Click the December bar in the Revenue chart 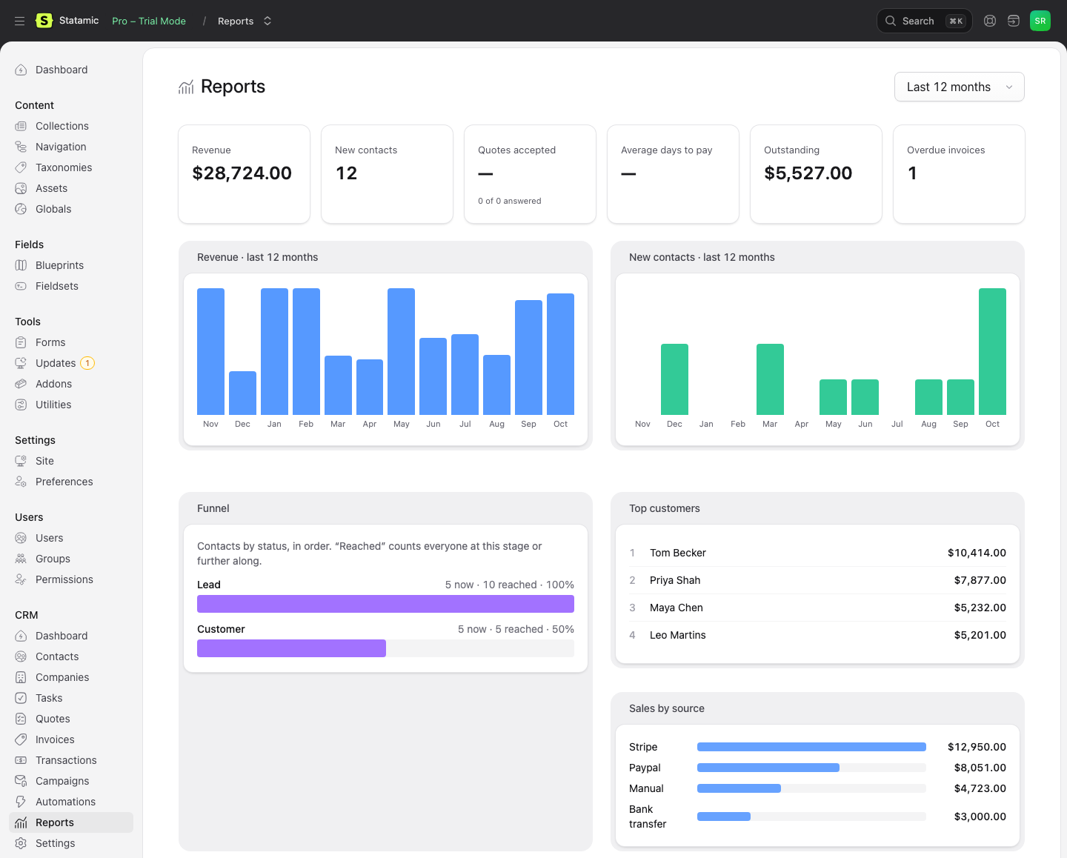tap(242, 393)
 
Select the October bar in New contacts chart tap(992, 351)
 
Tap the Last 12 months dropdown tap(959, 87)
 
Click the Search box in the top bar tap(924, 21)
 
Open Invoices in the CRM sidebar tap(55, 739)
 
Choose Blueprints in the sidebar tap(59, 265)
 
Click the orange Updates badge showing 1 tap(87, 363)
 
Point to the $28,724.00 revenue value tap(242, 173)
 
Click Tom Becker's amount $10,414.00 tap(977, 553)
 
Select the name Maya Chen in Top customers tap(677, 608)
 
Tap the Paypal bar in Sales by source tap(768, 768)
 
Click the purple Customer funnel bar tap(291, 648)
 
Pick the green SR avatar tap(1040, 21)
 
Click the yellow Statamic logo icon tap(44, 21)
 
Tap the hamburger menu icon tap(20, 21)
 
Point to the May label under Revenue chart tap(401, 424)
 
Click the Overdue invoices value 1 tap(912, 173)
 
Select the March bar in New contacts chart tap(770, 379)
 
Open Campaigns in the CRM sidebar tap(62, 781)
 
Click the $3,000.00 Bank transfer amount tap(980, 817)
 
